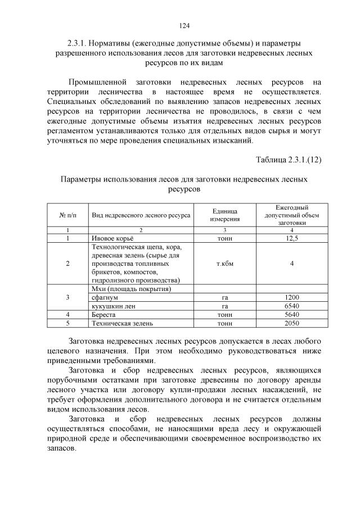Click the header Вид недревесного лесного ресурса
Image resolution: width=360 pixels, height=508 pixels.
(x=141, y=215)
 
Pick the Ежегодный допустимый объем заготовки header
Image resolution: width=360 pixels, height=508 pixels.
(x=291, y=215)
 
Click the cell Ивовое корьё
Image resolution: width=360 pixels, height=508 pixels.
(x=112, y=238)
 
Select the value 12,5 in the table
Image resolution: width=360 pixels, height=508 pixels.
(x=291, y=238)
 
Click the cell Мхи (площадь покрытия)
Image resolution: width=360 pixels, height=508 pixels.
(x=130, y=289)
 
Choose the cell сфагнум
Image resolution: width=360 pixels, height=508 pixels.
(x=105, y=297)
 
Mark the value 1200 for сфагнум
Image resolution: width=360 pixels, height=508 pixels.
(x=291, y=297)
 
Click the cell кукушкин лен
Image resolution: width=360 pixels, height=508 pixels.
(x=113, y=306)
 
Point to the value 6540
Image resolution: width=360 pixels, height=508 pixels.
(x=291, y=306)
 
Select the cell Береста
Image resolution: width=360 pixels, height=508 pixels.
(x=104, y=314)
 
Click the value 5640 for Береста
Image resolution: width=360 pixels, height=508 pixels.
(x=291, y=314)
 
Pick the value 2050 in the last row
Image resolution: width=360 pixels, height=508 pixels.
(x=291, y=323)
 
